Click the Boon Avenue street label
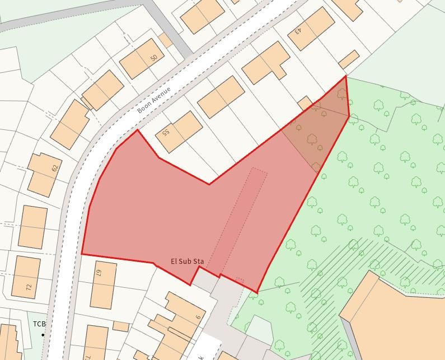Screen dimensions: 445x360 154,100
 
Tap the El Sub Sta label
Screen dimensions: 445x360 187,261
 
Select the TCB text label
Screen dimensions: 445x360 39,324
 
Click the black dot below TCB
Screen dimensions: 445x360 43,335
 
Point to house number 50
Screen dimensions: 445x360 154,57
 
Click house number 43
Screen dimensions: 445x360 298,30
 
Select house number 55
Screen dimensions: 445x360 165,133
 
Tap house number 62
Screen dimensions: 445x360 54,167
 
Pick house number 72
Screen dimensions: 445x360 29,287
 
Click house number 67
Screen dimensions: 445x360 98,273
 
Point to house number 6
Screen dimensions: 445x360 198,317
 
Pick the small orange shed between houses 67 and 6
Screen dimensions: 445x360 120,326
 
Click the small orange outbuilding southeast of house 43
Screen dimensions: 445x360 349,59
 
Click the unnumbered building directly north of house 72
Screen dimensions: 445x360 32,227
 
